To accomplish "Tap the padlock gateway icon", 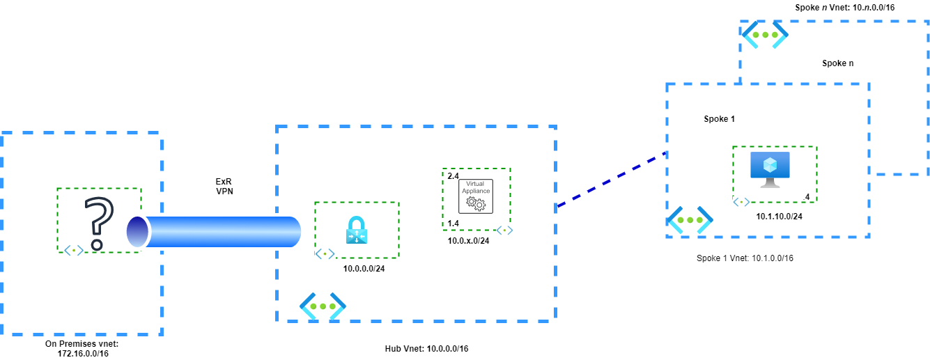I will coord(356,230).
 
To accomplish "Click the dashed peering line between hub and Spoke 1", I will coord(612,179).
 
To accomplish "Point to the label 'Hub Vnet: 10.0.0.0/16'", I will coord(426,348).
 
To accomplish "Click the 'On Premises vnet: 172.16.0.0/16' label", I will coord(82,348).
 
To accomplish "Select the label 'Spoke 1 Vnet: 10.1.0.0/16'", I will coord(745,258).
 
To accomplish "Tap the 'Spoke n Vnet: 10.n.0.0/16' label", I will coord(844,7).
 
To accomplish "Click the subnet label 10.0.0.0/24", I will coord(364,268).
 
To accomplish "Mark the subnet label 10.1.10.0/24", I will coord(779,217).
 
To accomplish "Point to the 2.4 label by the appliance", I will coord(453,176).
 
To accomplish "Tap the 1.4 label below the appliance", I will coord(453,224).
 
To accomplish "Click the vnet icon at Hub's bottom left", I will coord(323,306).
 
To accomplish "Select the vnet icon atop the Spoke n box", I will coord(764,34).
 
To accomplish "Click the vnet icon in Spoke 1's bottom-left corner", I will coord(690,220).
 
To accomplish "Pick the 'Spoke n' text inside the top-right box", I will coord(838,63).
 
